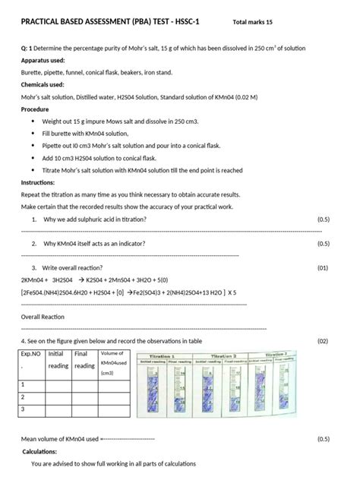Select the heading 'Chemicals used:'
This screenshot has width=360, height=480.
coord(43,85)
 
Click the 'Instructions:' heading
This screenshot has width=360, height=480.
coord(38,183)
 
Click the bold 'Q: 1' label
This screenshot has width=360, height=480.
coord(27,47)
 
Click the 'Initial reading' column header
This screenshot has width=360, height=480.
coord(58,359)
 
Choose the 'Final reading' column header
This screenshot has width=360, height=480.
coord(84,359)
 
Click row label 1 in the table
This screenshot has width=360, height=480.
coord(24,384)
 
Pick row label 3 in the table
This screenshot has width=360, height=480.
coord(24,409)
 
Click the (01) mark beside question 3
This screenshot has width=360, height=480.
coord(323,267)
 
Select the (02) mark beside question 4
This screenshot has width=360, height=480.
coord(323,341)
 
